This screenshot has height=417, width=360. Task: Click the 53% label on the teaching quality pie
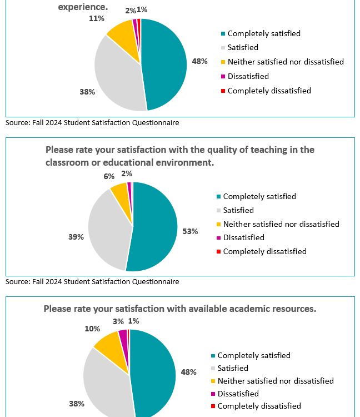pyautogui.click(x=190, y=231)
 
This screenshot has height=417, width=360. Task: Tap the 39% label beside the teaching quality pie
pyautogui.click(x=76, y=237)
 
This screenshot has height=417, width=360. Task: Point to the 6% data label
pyautogui.click(x=109, y=176)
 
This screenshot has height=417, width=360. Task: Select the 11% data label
pyautogui.click(x=97, y=18)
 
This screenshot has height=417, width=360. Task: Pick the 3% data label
pyautogui.click(x=118, y=321)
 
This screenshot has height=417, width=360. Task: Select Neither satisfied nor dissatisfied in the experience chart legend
pyautogui.click(x=286, y=62)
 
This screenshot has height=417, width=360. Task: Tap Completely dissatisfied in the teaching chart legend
pyautogui.click(x=264, y=251)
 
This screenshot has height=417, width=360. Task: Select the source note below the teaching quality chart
pyautogui.click(x=92, y=281)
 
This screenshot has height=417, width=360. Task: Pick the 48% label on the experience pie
pyautogui.click(x=199, y=62)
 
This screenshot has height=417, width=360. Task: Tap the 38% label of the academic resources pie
pyautogui.click(x=76, y=404)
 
